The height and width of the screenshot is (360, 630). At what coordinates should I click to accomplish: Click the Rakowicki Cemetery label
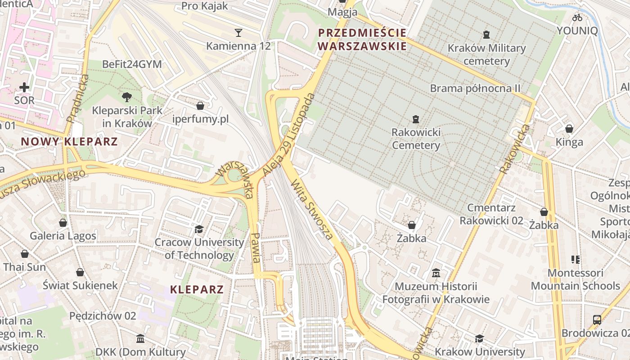tap(416, 139)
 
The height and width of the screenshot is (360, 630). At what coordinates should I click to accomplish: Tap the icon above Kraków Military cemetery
tap(486, 34)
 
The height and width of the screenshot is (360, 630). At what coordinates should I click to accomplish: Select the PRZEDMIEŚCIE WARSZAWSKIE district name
tap(362, 39)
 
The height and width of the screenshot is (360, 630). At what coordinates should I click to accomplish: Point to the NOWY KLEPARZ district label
tap(69, 142)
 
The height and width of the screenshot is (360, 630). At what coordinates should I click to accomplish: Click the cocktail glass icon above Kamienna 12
tap(238, 32)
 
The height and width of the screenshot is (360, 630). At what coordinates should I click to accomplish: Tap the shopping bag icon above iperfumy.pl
tap(200, 106)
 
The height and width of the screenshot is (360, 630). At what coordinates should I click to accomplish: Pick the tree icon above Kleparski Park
tap(127, 96)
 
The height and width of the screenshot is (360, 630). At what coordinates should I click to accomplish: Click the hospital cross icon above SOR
tap(24, 87)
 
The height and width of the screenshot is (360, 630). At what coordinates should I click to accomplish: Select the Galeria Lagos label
tap(63, 236)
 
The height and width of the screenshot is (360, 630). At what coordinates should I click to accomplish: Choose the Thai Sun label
tap(25, 267)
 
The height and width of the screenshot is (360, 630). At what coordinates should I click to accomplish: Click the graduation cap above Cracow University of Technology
tap(199, 229)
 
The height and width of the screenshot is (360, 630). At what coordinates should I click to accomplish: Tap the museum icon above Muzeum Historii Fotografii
tap(436, 273)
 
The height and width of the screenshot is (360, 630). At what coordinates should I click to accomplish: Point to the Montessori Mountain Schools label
tap(576, 279)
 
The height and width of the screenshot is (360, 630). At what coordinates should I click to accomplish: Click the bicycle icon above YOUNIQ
tap(577, 18)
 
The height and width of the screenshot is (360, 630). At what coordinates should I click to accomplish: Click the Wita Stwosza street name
tap(312, 209)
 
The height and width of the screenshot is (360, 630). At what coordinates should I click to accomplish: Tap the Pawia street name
tap(256, 247)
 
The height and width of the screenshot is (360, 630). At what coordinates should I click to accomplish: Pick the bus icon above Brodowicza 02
tap(597, 320)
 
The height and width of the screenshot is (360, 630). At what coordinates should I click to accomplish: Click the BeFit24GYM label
tap(132, 64)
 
